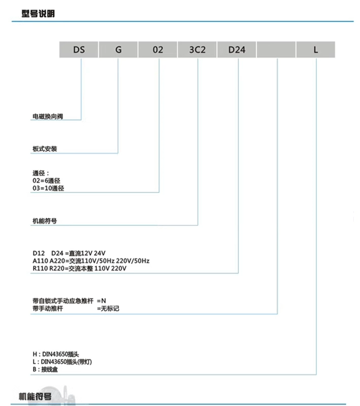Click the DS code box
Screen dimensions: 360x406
(x=79, y=50)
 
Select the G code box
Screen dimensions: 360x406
(x=118, y=50)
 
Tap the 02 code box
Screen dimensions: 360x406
(x=158, y=50)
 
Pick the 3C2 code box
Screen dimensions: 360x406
(x=197, y=50)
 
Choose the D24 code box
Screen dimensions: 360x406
(x=237, y=50)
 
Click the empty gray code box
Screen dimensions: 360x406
(x=276, y=50)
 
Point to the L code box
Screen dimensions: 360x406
(x=315, y=50)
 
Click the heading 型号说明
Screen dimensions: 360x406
(x=38, y=14)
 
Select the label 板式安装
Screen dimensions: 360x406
(x=44, y=149)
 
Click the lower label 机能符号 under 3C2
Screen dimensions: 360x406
(x=44, y=221)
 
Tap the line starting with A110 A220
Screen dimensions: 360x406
(x=90, y=261)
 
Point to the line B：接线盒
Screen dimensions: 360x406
(x=45, y=370)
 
